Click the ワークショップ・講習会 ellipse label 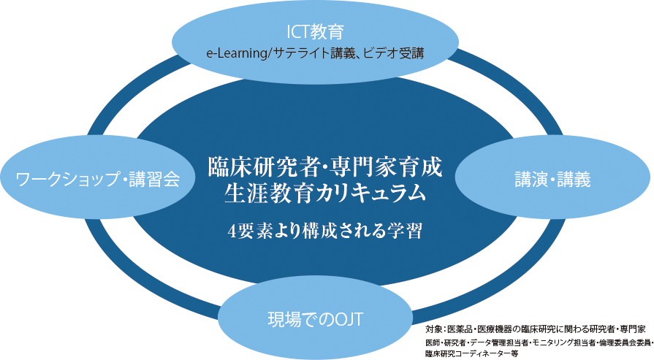98,178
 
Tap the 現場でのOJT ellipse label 313,318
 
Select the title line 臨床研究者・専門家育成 326,164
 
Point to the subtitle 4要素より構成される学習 326,231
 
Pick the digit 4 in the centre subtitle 232,231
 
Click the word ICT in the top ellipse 299,32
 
